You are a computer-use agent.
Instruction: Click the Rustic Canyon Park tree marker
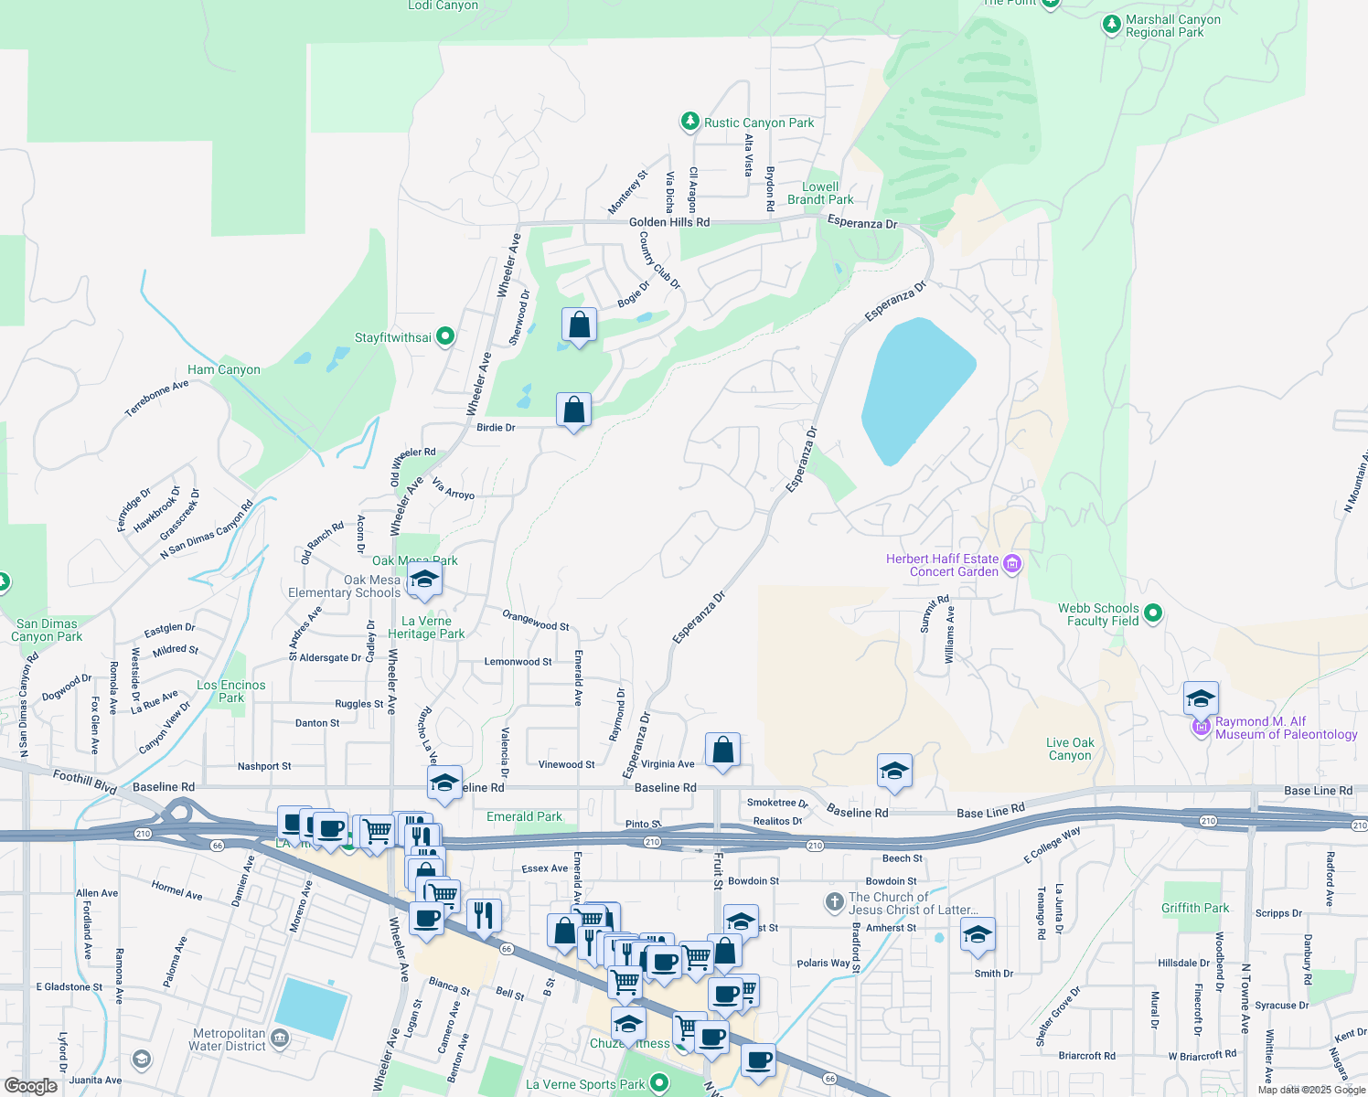coord(690,122)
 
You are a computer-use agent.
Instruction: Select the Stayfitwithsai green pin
coord(445,337)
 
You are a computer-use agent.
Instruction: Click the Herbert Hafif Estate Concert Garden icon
coord(1011,564)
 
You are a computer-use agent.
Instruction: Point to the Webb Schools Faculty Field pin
coord(1153,613)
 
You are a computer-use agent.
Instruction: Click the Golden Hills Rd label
coord(669,222)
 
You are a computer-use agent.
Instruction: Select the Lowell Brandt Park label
coord(820,193)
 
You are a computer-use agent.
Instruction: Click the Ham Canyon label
coord(224,369)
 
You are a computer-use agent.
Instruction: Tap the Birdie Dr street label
coord(496,427)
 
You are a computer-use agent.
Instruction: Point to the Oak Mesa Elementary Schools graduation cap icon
coord(424,580)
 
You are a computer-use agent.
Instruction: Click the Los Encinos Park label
coord(231,691)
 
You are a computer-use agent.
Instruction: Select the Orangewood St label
coord(535,621)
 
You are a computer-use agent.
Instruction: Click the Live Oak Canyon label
coord(1070,749)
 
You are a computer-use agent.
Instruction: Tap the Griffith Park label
coord(1195,908)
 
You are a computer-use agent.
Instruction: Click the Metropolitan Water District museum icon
coord(280,1038)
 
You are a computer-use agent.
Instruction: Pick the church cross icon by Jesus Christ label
coord(834,902)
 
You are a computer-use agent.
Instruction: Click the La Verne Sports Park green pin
coord(658,1084)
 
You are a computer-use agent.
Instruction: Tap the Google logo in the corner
coord(31,1085)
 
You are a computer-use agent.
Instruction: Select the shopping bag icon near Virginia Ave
coord(722,751)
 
